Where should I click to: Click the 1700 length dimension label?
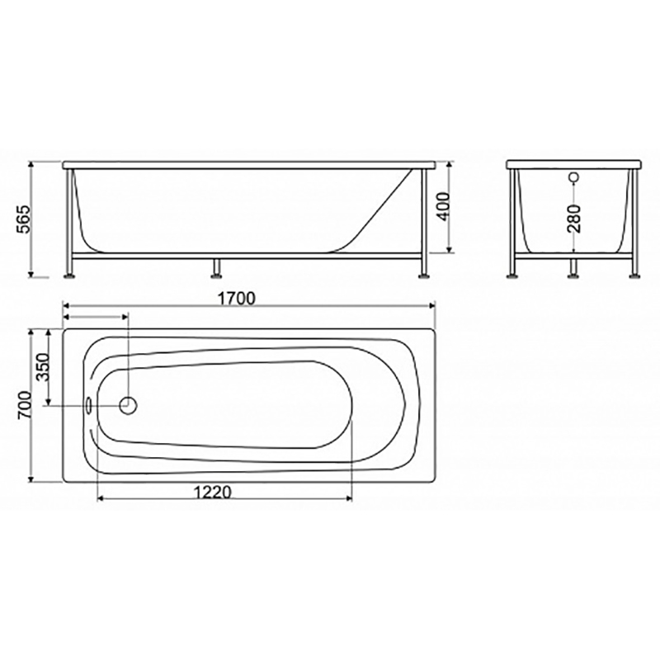237,299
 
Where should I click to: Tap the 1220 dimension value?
213,492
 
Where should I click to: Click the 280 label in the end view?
573,219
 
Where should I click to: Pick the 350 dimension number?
43,367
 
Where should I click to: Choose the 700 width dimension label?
25,405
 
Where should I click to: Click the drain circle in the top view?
129,405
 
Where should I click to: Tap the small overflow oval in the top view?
89,405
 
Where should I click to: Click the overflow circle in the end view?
573,177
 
